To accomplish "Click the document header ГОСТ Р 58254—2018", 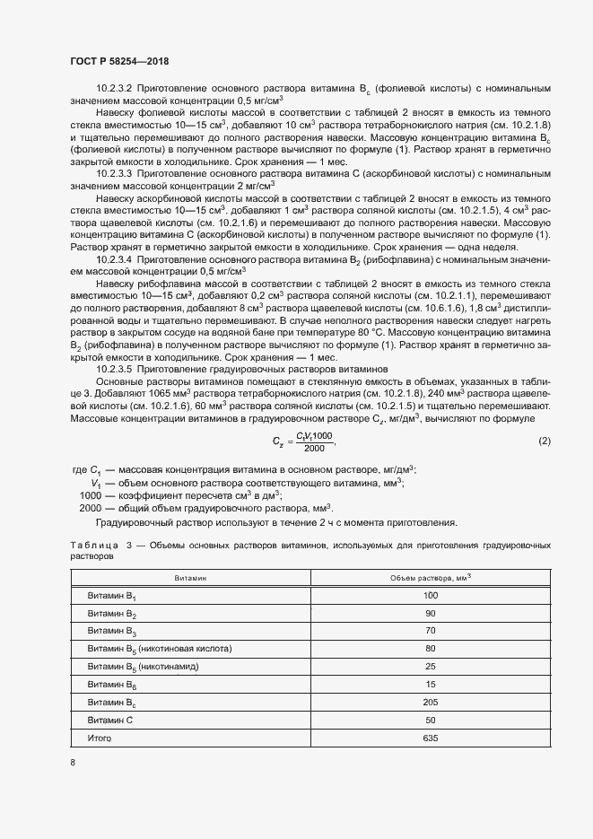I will (118, 61).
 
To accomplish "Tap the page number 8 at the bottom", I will (73, 763).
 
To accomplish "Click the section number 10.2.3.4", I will (114, 258).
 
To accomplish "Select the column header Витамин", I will (190, 579).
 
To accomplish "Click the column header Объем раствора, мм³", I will (430, 578).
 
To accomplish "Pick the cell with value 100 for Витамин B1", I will (430, 596).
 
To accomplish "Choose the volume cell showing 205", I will (430, 703).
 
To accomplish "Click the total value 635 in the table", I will (430, 738).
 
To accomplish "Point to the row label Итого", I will (100, 738).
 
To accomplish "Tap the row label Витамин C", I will (110, 721).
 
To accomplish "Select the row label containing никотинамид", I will (143, 667).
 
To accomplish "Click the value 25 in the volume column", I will (430, 667).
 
